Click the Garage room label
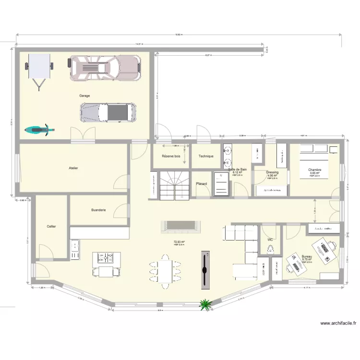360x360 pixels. [84, 96]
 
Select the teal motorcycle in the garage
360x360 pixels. [39, 129]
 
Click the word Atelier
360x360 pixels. [73, 168]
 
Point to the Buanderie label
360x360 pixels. [98, 210]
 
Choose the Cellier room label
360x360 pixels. [51, 226]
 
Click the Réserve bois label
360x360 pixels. [171, 156]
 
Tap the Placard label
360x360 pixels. [202, 183]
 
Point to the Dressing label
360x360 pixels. [272, 172]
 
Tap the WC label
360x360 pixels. [270, 239]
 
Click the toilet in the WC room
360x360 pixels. [270, 249]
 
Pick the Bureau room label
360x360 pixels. [307, 256]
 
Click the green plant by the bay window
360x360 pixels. [205, 304]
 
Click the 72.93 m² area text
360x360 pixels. [180, 242]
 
